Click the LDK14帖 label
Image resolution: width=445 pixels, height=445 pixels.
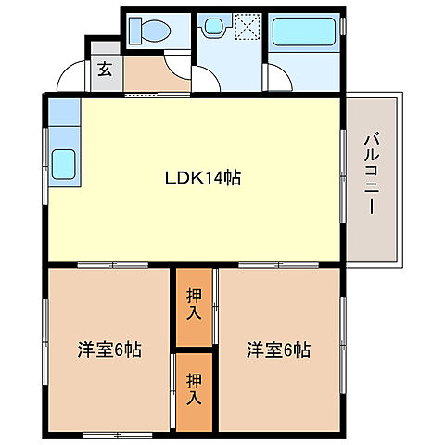point(204,177)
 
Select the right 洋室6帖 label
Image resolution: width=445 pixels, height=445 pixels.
point(278,351)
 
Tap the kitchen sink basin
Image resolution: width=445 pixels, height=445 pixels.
point(64,165)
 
